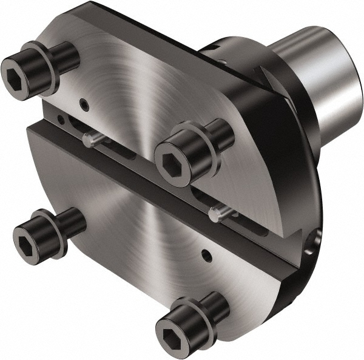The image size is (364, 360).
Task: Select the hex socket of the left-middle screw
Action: point(27,233)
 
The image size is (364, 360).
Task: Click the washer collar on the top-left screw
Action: point(47,65)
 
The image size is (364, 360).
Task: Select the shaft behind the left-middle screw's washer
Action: point(73,220)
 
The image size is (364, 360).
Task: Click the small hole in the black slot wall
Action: point(60,120)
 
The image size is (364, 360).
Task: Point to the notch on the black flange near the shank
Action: point(262,73)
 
